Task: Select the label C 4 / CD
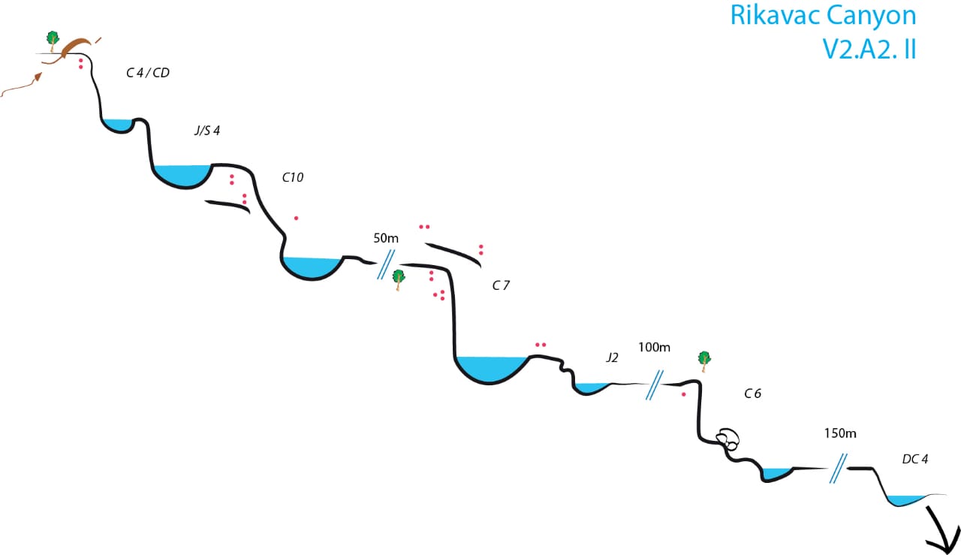(147, 73)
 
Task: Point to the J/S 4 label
(206, 131)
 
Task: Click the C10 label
(293, 178)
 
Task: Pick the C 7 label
(501, 285)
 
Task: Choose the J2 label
(612, 358)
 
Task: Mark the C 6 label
(753, 393)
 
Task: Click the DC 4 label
(915, 459)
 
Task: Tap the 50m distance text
(386, 238)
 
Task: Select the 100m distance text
(654, 348)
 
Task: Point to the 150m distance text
(840, 433)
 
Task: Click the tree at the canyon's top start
(52, 39)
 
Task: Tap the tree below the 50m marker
(399, 279)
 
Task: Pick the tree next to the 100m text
(704, 360)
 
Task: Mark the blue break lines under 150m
(839, 469)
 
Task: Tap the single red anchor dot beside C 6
(683, 394)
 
